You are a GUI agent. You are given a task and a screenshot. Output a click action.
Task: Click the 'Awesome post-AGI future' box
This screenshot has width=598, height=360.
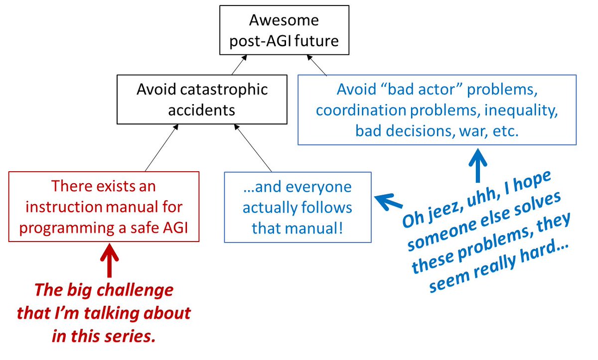pos(284,30)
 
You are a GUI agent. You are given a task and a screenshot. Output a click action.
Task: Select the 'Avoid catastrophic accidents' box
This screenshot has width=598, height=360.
pos(201,100)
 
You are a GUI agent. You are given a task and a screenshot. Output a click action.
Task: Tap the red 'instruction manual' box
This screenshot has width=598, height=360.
pos(104,207)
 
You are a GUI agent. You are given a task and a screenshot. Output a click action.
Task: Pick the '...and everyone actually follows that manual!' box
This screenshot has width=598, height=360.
pos(298,207)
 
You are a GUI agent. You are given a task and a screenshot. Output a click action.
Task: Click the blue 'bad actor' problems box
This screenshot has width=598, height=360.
pos(437,110)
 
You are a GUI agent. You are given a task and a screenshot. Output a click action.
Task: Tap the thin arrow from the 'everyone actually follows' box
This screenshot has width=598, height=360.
pos(253,149)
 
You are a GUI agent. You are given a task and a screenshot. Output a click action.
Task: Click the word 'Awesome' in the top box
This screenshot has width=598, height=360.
pos(284,21)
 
